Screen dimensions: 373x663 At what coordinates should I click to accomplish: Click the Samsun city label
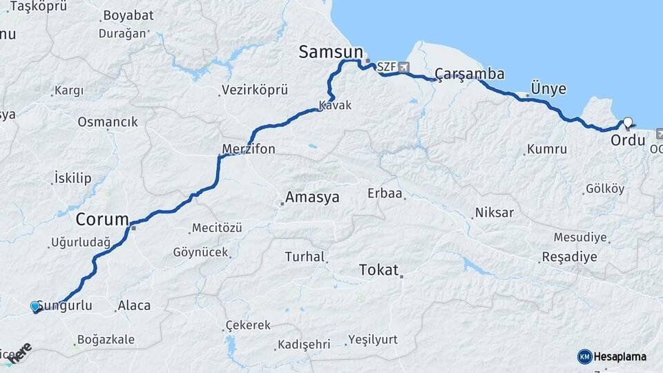pos(331,52)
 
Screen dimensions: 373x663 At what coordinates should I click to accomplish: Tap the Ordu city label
pos(628,141)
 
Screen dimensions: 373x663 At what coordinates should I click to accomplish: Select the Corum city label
pos(102,220)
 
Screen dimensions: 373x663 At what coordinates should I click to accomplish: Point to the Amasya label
pos(312,198)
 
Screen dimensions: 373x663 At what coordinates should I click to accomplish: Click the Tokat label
pos(379,270)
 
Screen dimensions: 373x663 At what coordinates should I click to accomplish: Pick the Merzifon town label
pos(249,149)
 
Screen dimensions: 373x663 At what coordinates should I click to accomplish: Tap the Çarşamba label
pos(470,74)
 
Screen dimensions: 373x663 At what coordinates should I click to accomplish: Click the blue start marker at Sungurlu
pos(35,306)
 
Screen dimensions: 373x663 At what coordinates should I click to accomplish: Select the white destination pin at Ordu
pos(627,124)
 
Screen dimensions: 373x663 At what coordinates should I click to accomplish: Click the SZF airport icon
pos(404,67)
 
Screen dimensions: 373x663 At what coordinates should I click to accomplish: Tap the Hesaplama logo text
pos(619,356)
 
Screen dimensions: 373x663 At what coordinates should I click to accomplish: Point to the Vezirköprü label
pos(255,90)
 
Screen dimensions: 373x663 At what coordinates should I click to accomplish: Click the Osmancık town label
pos(108,122)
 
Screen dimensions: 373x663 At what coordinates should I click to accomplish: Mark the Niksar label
pos(494,213)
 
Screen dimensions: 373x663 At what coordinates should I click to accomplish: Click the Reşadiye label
pos(570,257)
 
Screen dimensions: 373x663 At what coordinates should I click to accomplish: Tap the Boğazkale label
pos(106,340)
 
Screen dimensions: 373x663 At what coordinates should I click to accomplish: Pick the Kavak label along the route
pos(335,106)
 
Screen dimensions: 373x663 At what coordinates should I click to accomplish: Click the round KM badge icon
pos(584,356)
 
